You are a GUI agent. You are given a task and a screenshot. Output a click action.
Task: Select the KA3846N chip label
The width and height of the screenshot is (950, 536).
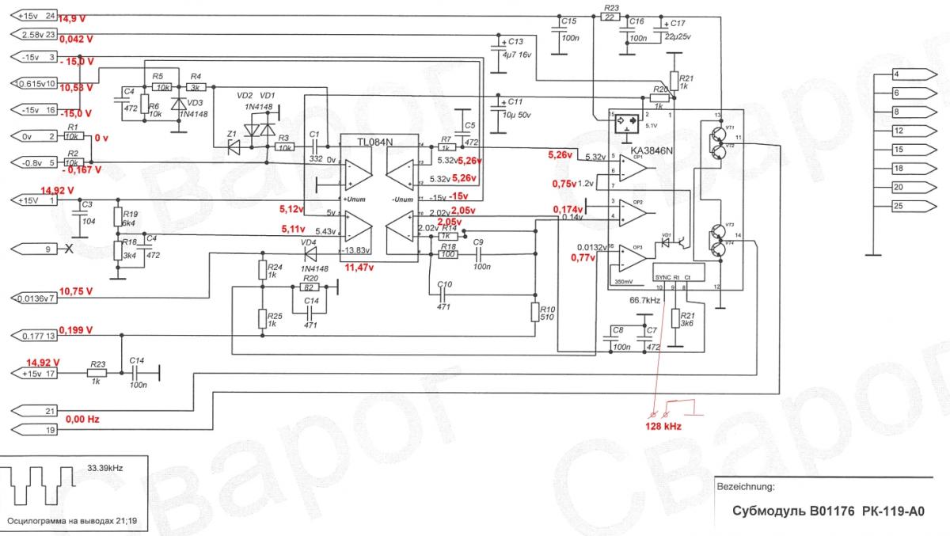[x=652, y=150]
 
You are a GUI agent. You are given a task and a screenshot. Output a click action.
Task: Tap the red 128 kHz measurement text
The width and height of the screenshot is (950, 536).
[x=663, y=426]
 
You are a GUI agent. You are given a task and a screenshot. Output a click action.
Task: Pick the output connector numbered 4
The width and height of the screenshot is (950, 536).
[x=901, y=74]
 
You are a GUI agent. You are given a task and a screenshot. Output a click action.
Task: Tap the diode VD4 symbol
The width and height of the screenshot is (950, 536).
[x=310, y=253]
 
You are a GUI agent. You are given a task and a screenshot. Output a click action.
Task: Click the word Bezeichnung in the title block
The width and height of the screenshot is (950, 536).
[x=745, y=485]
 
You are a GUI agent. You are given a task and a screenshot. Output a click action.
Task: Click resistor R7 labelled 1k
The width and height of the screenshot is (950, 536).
[x=446, y=147]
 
